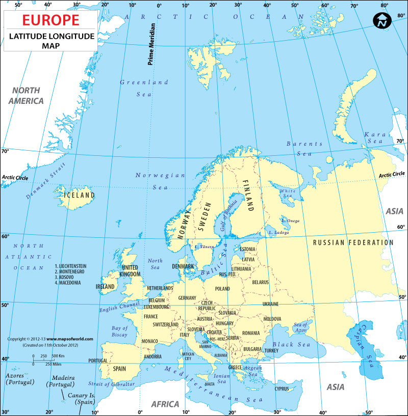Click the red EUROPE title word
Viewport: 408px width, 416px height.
50,20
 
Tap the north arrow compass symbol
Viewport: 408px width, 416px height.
381,20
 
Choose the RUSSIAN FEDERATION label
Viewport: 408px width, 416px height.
353,243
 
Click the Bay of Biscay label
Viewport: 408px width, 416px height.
119,331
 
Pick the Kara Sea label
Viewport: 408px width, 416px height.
374,138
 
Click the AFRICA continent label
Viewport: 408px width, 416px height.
165,404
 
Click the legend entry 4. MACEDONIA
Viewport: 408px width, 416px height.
67,283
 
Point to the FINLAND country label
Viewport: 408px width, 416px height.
248,196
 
